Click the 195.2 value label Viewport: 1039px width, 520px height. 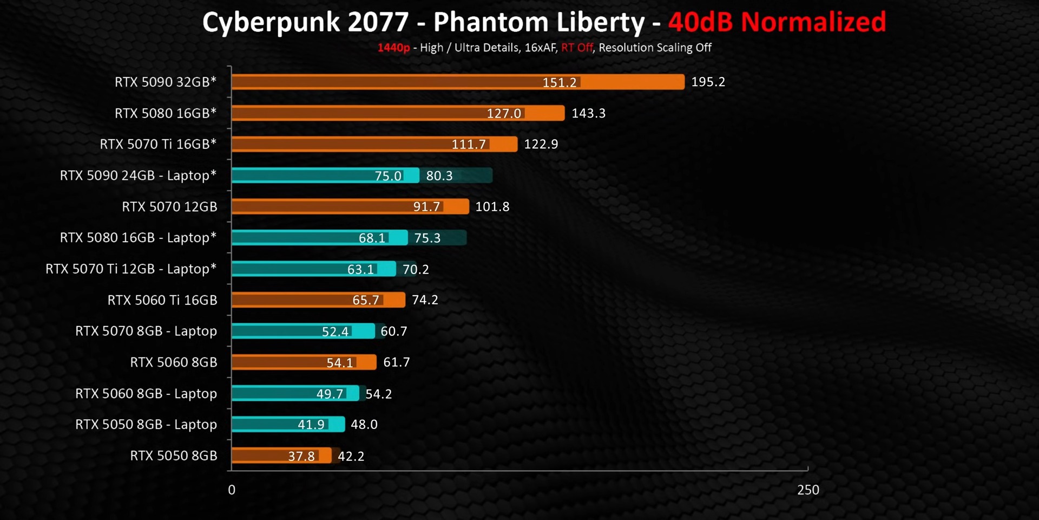(708, 82)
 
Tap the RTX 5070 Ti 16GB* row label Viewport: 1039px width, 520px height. (158, 144)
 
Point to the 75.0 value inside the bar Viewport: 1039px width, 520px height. (388, 175)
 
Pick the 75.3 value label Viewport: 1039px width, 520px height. (428, 238)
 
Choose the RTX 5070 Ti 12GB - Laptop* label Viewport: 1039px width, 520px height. (131, 269)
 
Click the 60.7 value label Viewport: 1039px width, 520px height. (393, 331)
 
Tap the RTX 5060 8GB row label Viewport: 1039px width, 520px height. (174, 362)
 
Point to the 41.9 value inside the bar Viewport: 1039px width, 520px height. (311, 425)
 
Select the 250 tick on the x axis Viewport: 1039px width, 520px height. (808, 490)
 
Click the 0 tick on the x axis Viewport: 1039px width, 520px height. (232, 490)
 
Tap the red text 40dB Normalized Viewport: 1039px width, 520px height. (777, 22)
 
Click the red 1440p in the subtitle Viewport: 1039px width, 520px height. (393, 48)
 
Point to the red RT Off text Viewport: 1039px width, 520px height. (577, 48)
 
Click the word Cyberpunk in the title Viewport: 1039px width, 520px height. (271, 23)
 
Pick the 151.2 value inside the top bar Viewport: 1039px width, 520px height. (560, 82)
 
